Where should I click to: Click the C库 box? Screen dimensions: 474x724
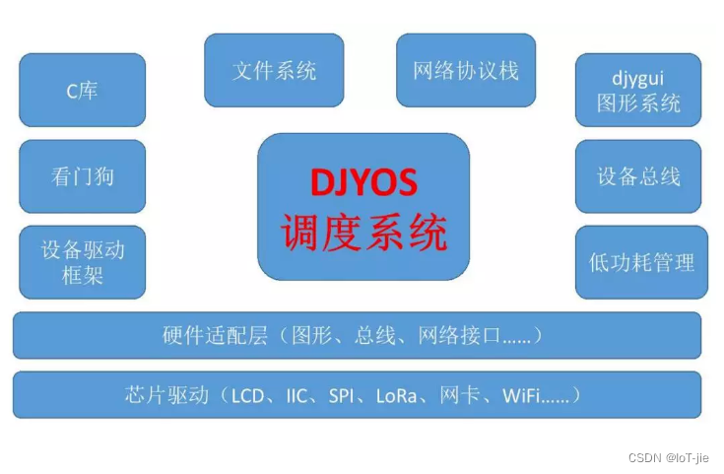coord(82,91)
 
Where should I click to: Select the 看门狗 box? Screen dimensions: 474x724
coord(82,176)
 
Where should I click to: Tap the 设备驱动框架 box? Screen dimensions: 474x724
coord(82,262)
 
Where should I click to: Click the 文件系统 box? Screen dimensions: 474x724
coord(274,70)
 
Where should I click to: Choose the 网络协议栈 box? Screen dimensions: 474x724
coord(466,70)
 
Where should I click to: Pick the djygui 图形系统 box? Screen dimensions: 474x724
coord(638,91)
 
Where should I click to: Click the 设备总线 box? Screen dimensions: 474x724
coord(638,176)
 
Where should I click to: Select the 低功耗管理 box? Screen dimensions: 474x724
coord(641,262)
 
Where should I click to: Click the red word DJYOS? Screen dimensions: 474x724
coord(363,183)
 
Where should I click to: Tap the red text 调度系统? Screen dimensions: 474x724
coord(363,233)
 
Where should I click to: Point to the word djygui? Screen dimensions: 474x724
coord(638,77)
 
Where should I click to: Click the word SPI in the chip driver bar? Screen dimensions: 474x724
coord(341,396)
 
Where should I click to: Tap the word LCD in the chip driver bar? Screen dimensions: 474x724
coord(246,396)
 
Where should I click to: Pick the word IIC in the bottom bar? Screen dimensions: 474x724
coord(296,396)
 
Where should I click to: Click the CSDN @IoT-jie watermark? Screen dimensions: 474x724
coord(668,457)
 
